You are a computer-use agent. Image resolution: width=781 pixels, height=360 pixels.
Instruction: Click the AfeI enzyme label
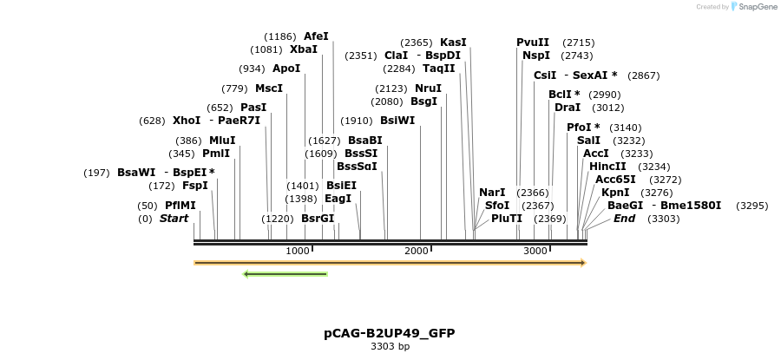coord(316,36)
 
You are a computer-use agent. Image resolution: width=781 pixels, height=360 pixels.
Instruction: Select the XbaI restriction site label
coord(304,49)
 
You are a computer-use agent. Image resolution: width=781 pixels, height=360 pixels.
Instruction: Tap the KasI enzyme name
coord(453,43)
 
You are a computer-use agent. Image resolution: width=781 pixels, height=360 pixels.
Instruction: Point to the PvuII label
coord(533,43)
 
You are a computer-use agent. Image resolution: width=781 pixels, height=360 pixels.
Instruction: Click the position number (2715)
coord(578,43)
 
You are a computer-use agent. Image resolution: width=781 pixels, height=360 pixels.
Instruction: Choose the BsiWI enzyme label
coord(397,121)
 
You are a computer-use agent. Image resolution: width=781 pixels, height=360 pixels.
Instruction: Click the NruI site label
coord(428,88)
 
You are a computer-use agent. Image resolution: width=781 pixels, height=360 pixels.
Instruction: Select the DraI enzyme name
coord(568,108)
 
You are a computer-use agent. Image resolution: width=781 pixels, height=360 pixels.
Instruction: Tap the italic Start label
coord(174,219)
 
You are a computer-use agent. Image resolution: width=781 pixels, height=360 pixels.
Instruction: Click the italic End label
coord(624,219)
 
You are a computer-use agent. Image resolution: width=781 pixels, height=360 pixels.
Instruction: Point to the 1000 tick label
coord(298,251)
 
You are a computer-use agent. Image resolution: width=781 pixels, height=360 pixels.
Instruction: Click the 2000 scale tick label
coord(417,251)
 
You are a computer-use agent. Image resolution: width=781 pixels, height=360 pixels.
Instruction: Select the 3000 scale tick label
coord(535,251)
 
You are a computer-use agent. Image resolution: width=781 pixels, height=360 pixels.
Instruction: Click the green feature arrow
coord(285,274)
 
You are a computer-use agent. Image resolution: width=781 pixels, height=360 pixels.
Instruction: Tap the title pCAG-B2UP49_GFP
coord(390,333)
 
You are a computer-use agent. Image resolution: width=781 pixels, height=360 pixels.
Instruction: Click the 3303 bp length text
coord(390,347)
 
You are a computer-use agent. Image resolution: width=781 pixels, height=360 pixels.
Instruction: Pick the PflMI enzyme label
coord(180,206)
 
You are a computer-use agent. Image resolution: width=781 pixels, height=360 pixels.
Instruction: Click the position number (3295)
coord(751,206)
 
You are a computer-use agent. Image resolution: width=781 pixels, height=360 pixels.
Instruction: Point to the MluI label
coord(222,141)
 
